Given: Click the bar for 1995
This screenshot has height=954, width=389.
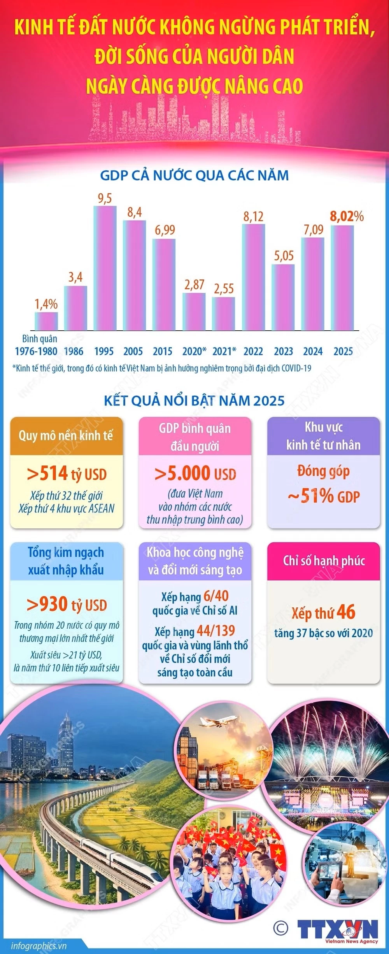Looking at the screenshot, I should (x=105, y=268).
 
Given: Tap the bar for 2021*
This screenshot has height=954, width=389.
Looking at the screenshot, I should (x=224, y=314).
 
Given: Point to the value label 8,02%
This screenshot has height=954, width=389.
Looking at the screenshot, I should (x=346, y=216).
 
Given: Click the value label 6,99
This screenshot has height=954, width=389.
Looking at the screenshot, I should (x=165, y=230).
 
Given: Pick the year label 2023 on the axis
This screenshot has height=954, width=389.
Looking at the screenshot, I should (x=283, y=351).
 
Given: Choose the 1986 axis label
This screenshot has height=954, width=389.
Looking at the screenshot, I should (x=74, y=351).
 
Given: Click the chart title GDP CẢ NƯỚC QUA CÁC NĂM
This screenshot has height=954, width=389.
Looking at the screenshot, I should (x=194, y=175).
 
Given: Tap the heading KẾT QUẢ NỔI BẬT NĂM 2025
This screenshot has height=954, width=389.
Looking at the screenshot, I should (x=194, y=400).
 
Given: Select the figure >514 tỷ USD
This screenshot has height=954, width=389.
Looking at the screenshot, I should (x=67, y=474).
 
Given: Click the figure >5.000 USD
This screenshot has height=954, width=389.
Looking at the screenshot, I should (x=195, y=473).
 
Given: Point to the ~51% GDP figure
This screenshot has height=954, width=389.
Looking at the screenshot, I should (x=324, y=496).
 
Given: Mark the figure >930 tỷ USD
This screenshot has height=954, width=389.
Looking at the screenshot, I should (x=67, y=605).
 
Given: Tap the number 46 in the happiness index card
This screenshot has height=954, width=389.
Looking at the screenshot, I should (x=346, y=612).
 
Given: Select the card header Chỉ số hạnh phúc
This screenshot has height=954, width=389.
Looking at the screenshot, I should (x=324, y=561).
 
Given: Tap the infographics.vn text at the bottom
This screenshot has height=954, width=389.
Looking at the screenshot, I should (x=39, y=945).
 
